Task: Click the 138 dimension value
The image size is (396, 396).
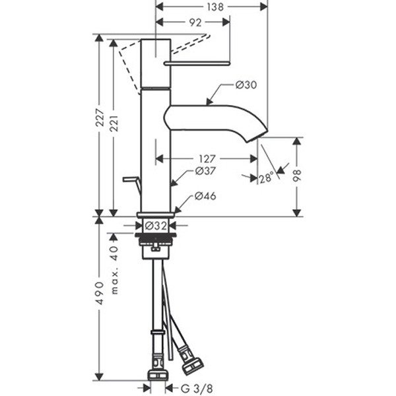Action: tap(215, 7)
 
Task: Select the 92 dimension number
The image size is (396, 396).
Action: tap(195, 22)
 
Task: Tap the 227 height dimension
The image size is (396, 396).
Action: tap(100, 117)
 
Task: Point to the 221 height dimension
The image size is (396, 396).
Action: tap(114, 123)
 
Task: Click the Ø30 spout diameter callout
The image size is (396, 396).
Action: tap(246, 85)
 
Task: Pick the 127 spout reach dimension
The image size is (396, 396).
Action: tap(207, 159)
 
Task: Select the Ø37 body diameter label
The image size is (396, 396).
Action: tap(205, 171)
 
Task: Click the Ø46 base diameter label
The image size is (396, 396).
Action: tap(205, 196)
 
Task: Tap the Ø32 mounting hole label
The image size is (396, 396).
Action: tap(156, 226)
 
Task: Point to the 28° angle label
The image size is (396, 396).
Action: tap(267, 178)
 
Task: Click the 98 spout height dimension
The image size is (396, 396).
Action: tap(297, 176)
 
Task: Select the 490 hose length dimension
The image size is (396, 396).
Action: tap(100, 293)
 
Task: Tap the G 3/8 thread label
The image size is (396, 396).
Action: tap(197, 389)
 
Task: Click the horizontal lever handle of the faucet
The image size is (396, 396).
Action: tap(197, 63)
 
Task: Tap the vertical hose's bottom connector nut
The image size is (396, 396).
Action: tap(158, 375)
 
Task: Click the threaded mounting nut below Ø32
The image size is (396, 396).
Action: tap(156, 240)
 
